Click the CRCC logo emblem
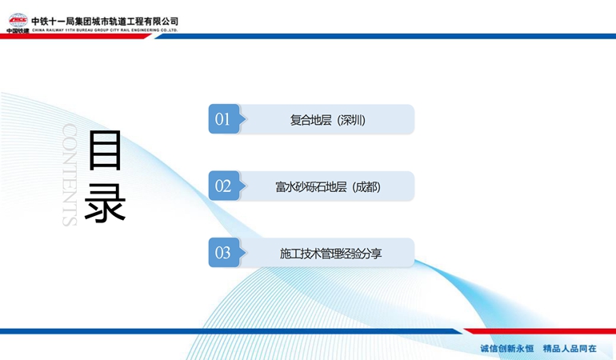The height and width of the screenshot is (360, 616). (18, 20)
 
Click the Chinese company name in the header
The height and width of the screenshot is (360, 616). (105, 22)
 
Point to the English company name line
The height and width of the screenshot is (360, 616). (105, 30)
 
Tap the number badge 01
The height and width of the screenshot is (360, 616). (224, 119)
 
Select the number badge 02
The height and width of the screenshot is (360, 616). (224, 186)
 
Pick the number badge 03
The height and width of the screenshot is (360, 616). (224, 253)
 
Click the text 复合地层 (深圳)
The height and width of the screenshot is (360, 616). (328, 120)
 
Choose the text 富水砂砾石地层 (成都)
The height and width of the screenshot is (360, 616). (328, 186)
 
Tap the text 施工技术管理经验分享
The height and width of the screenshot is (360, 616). (330, 254)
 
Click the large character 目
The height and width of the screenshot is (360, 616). (105, 150)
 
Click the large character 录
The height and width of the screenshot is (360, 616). (105, 202)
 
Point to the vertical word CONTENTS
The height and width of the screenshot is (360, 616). (69, 175)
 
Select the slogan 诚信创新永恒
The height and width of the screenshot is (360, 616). (506, 349)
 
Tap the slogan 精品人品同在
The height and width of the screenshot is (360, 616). (570, 349)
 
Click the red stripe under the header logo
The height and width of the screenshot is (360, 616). (75, 36)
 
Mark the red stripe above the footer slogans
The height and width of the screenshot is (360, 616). (540, 331)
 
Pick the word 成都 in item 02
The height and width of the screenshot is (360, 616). (366, 186)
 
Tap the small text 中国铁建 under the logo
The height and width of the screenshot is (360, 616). (18, 30)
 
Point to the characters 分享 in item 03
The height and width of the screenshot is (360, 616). (372, 254)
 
